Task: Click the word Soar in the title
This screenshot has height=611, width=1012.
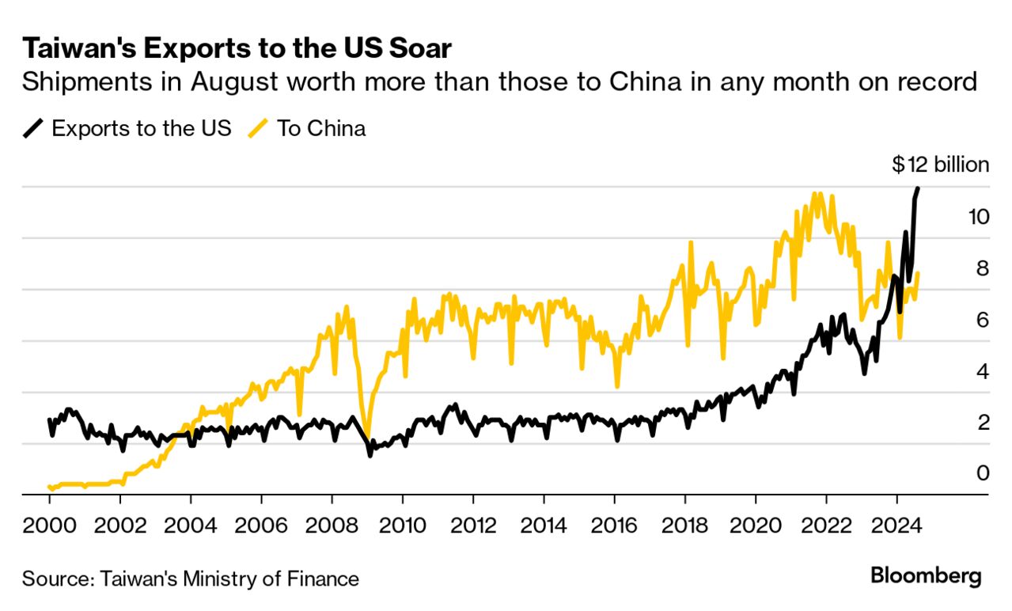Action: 417,49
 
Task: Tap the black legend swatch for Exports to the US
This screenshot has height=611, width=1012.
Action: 33,129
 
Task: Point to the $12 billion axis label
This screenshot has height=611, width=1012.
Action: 940,165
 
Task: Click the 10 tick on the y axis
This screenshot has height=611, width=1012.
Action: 978,216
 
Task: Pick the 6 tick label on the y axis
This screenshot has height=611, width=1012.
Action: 983,319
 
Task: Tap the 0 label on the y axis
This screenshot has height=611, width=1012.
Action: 983,473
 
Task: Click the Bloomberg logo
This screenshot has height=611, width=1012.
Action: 926,576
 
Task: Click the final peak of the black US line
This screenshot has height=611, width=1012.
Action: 918,188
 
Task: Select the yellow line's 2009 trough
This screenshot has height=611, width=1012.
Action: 366,434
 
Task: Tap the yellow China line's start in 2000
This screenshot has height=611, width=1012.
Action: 50,488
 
